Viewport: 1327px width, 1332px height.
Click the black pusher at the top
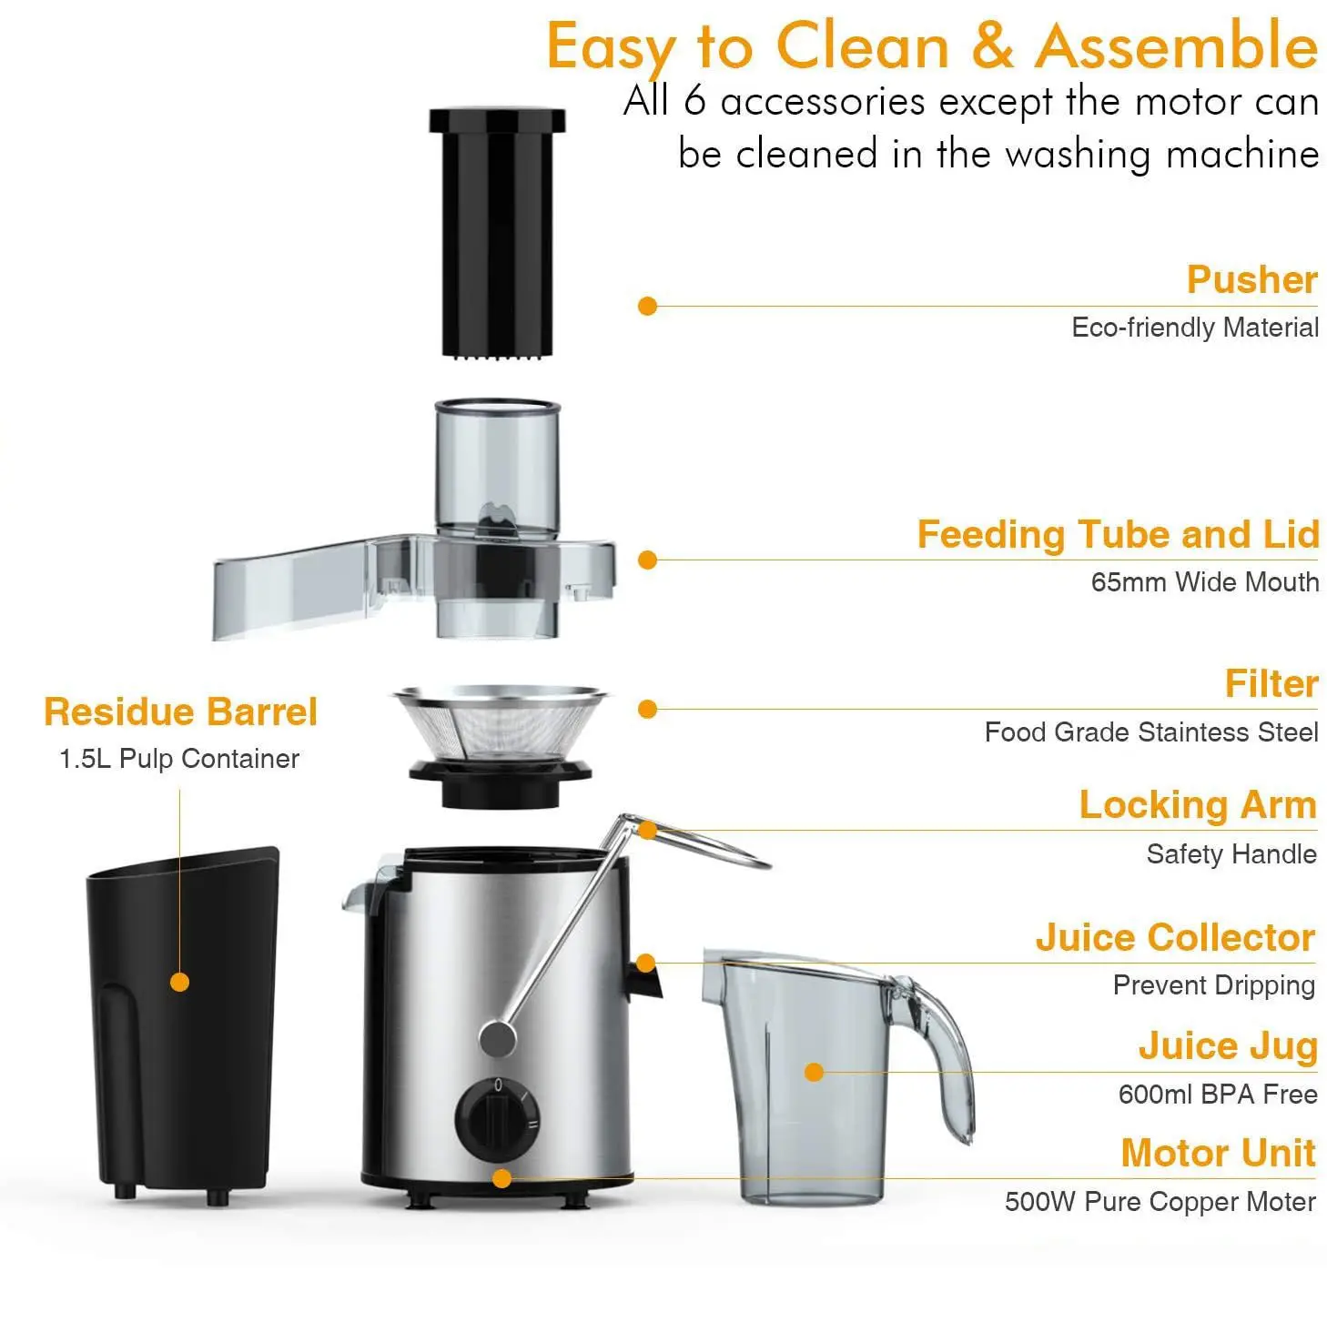tap(497, 232)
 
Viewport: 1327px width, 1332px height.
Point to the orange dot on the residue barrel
tap(180, 983)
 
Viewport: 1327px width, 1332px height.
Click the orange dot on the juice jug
tap(815, 1073)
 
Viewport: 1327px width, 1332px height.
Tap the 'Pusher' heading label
tap(1251, 279)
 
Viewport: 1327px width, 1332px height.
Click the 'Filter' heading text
tap(1271, 683)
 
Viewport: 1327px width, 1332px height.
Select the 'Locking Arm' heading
tap(1198, 805)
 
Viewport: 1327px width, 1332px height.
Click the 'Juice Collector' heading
tap(1175, 937)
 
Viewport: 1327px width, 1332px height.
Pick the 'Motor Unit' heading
tap(1218, 1153)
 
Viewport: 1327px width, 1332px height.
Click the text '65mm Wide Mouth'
tap(1204, 581)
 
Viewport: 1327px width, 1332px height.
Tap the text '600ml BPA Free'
tap(1217, 1094)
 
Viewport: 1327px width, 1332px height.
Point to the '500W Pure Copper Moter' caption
tap(1160, 1202)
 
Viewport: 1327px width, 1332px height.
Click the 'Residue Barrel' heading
tap(180, 711)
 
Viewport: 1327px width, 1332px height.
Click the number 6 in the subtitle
tap(694, 101)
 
